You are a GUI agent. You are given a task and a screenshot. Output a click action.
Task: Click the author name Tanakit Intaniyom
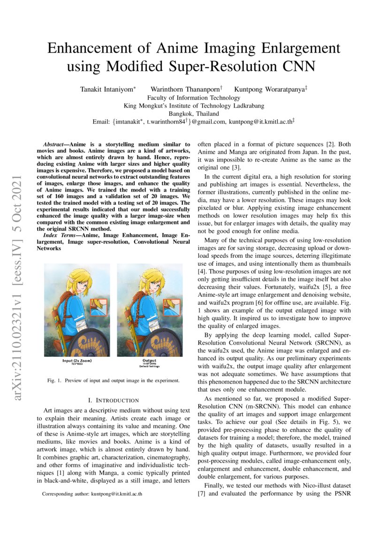coord(108,89)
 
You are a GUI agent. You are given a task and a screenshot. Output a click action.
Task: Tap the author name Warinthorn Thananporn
coord(186,89)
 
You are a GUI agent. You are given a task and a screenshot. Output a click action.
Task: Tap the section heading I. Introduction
coord(114,400)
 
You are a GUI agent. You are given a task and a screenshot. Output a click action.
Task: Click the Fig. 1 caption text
coord(113,380)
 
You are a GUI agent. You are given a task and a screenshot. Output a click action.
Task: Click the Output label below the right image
coord(149,361)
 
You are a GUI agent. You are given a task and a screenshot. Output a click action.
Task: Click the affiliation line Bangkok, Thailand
coord(194,114)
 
